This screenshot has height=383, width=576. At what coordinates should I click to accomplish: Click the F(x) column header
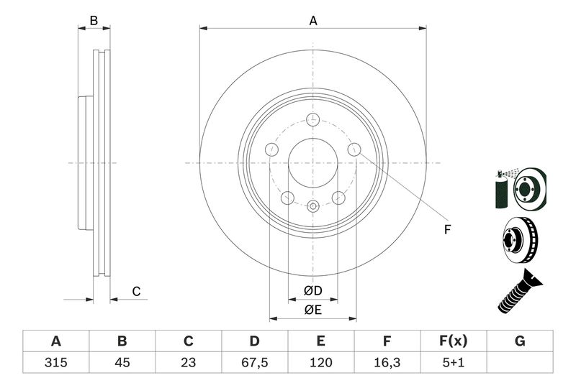[454, 341]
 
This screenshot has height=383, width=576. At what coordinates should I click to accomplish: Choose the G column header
[520, 341]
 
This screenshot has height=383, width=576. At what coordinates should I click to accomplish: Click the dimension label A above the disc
[313, 21]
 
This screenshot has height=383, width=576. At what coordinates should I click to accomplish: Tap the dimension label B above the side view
[94, 21]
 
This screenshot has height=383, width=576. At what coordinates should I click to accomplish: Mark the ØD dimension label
[312, 291]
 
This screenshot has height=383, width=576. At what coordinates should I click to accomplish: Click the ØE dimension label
[312, 310]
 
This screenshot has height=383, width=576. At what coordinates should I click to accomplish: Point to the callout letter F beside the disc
[446, 230]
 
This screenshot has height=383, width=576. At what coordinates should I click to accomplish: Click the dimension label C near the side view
[135, 291]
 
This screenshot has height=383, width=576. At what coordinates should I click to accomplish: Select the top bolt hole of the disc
[313, 120]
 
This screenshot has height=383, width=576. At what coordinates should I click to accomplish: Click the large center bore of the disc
[313, 162]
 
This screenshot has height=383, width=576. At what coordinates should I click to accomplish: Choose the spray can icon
[501, 188]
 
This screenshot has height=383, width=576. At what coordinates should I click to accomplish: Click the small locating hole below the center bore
[313, 207]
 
